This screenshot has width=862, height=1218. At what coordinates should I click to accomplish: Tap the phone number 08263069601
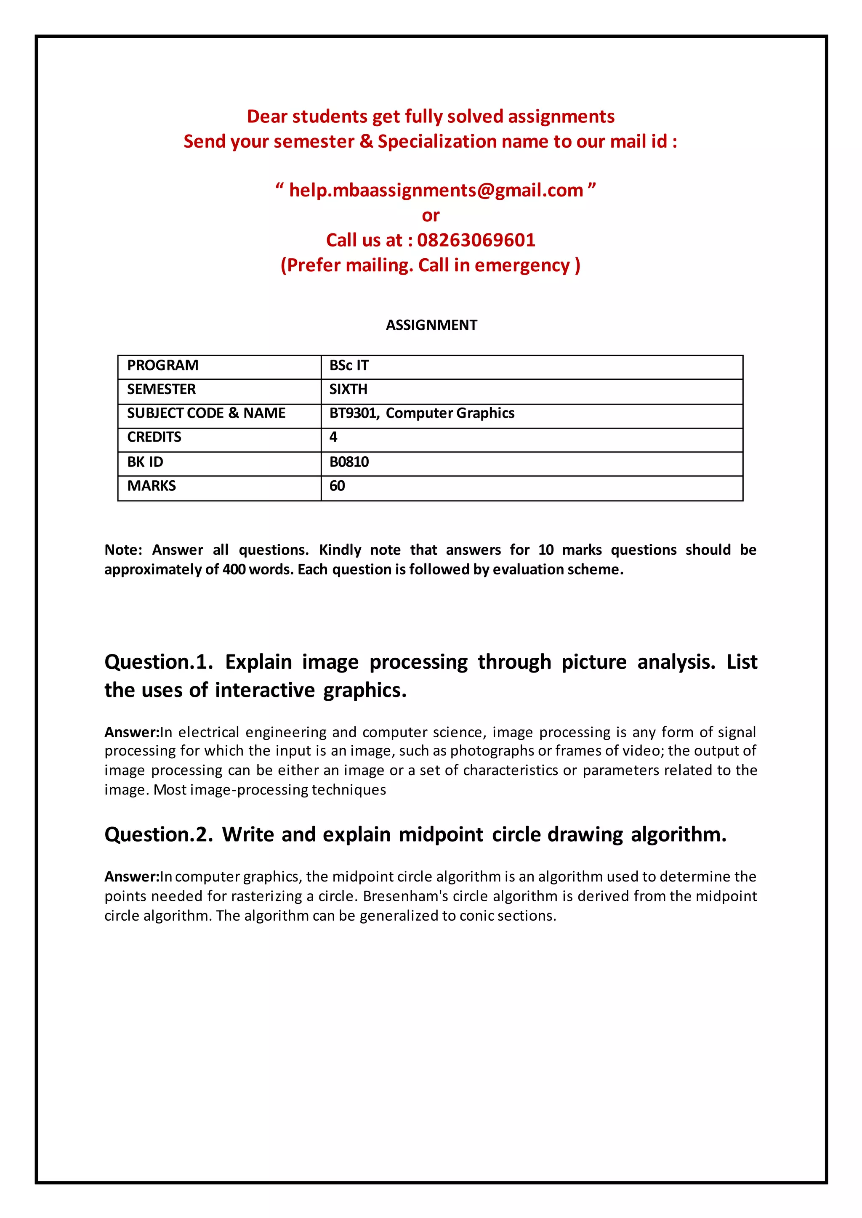pos(476,240)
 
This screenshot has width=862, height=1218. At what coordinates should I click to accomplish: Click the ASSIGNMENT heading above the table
pos(431,325)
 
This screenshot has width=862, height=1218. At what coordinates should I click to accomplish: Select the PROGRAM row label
pos(162,365)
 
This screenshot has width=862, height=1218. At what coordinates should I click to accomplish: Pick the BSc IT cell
pos(349,365)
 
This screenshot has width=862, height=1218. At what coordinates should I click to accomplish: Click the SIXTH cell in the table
pos(348,389)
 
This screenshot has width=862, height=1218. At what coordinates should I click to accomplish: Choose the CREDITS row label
pos(154,437)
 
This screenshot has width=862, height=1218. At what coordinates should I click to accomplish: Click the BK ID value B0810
pos(349,462)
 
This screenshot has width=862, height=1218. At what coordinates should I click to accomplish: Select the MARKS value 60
pos(337,486)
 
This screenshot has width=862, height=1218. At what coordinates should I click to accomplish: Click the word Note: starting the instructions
pos(123,550)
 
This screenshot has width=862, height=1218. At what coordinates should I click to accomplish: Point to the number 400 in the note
pos(234,570)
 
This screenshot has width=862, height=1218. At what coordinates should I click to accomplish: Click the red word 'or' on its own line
pos(431,215)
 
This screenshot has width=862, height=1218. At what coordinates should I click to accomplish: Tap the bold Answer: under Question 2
pos(132,877)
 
